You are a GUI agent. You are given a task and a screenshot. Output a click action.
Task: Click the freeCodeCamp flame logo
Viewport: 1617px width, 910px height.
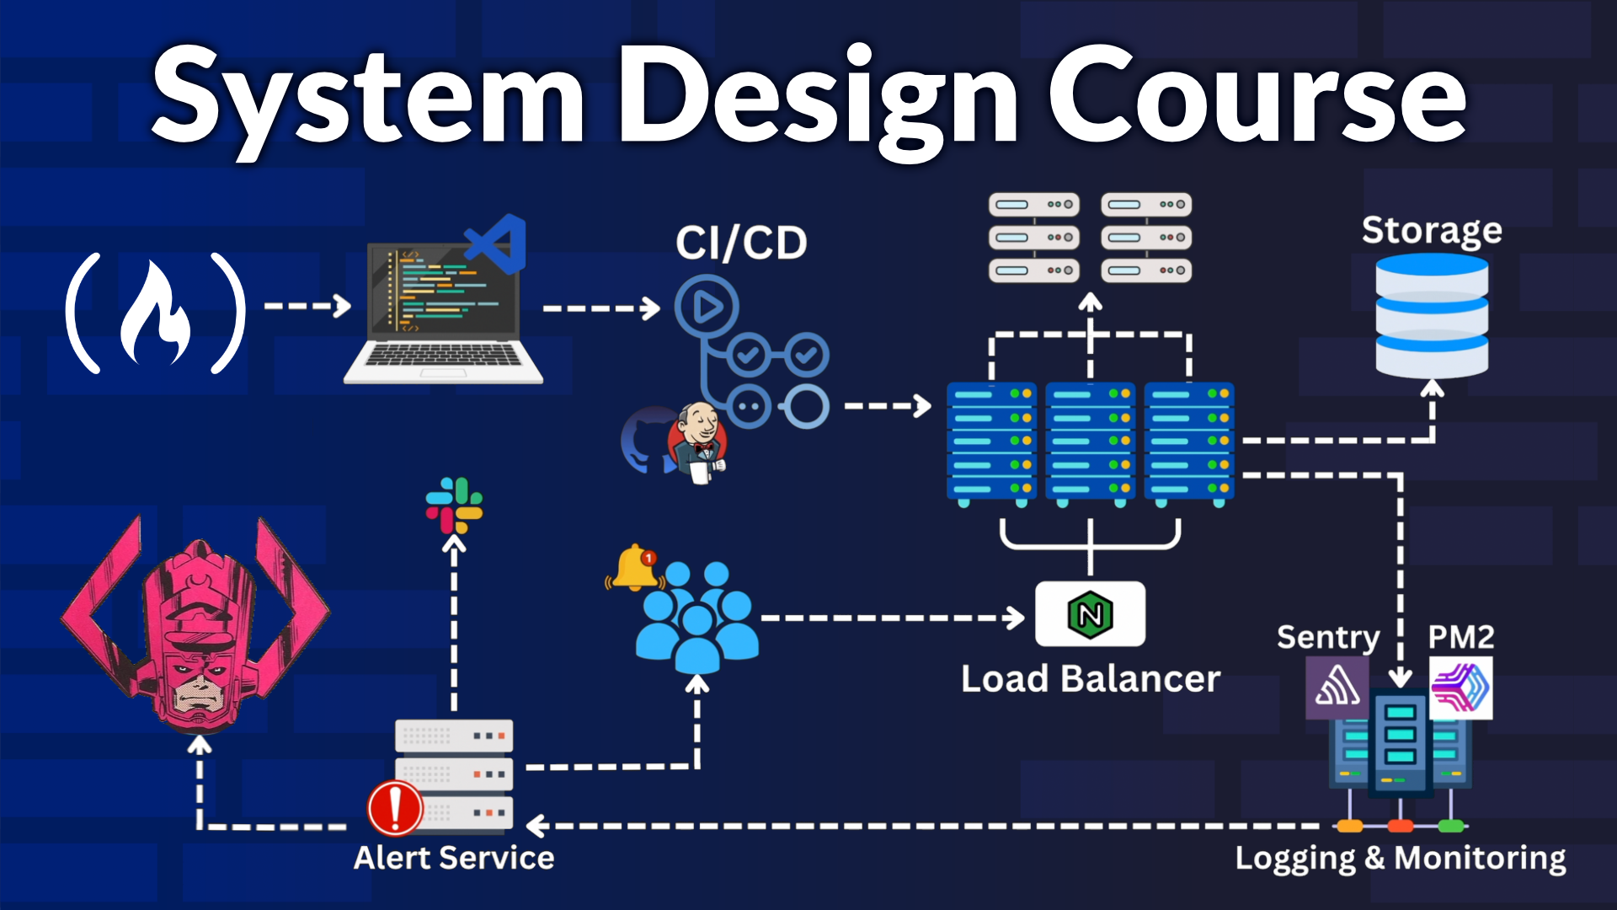(x=157, y=313)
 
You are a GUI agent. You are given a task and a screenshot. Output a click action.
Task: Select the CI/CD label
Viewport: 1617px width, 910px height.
(x=741, y=244)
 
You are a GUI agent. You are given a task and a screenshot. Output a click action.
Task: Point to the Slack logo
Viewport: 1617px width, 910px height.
(x=454, y=506)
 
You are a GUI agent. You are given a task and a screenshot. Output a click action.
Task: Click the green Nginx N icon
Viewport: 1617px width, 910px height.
(x=1090, y=614)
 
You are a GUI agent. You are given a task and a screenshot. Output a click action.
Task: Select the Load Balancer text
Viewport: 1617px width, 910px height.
(x=1091, y=678)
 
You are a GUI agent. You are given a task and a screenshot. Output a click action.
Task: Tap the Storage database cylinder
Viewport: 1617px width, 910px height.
(x=1432, y=317)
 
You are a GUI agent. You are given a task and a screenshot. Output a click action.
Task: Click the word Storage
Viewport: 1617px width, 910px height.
(x=1432, y=230)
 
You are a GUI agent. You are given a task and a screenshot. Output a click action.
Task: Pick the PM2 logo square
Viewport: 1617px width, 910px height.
(x=1461, y=688)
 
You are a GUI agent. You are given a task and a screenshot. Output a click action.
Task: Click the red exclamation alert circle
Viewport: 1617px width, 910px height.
(x=395, y=807)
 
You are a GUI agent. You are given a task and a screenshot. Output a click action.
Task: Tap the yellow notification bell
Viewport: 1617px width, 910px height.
(x=635, y=567)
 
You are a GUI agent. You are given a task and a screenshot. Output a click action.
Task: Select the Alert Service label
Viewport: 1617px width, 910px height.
(x=454, y=858)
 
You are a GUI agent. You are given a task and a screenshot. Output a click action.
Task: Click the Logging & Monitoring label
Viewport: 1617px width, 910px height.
(x=1400, y=858)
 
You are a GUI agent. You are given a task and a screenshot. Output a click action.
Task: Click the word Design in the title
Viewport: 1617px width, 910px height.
(x=817, y=97)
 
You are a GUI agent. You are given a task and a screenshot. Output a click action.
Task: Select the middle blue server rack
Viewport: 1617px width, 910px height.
(x=1090, y=442)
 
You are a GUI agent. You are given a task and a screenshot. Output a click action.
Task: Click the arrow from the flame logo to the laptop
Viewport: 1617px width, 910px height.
(x=307, y=306)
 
